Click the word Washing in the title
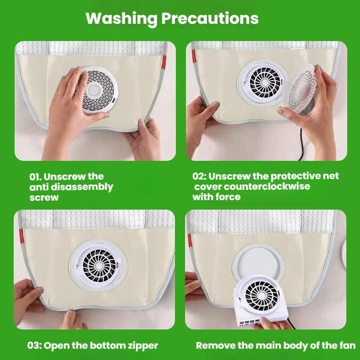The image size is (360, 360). tap(121, 19)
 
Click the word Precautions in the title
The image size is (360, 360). tap(210, 18)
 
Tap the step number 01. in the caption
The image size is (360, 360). tap(35, 176)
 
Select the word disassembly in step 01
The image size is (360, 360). tap(82, 187)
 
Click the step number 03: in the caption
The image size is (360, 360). tap(35, 345)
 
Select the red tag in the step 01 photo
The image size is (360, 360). tap(164, 62)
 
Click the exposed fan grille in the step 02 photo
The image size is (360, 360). tap(265, 82)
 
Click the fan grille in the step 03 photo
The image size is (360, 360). tap(99, 266)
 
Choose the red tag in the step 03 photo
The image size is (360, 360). tap(21, 236)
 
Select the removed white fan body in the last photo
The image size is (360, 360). tap(261, 300)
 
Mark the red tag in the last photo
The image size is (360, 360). tap(190, 240)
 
